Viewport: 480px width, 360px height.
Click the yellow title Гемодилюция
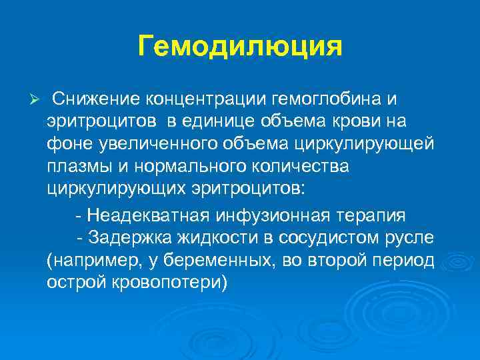coord(240,47)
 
